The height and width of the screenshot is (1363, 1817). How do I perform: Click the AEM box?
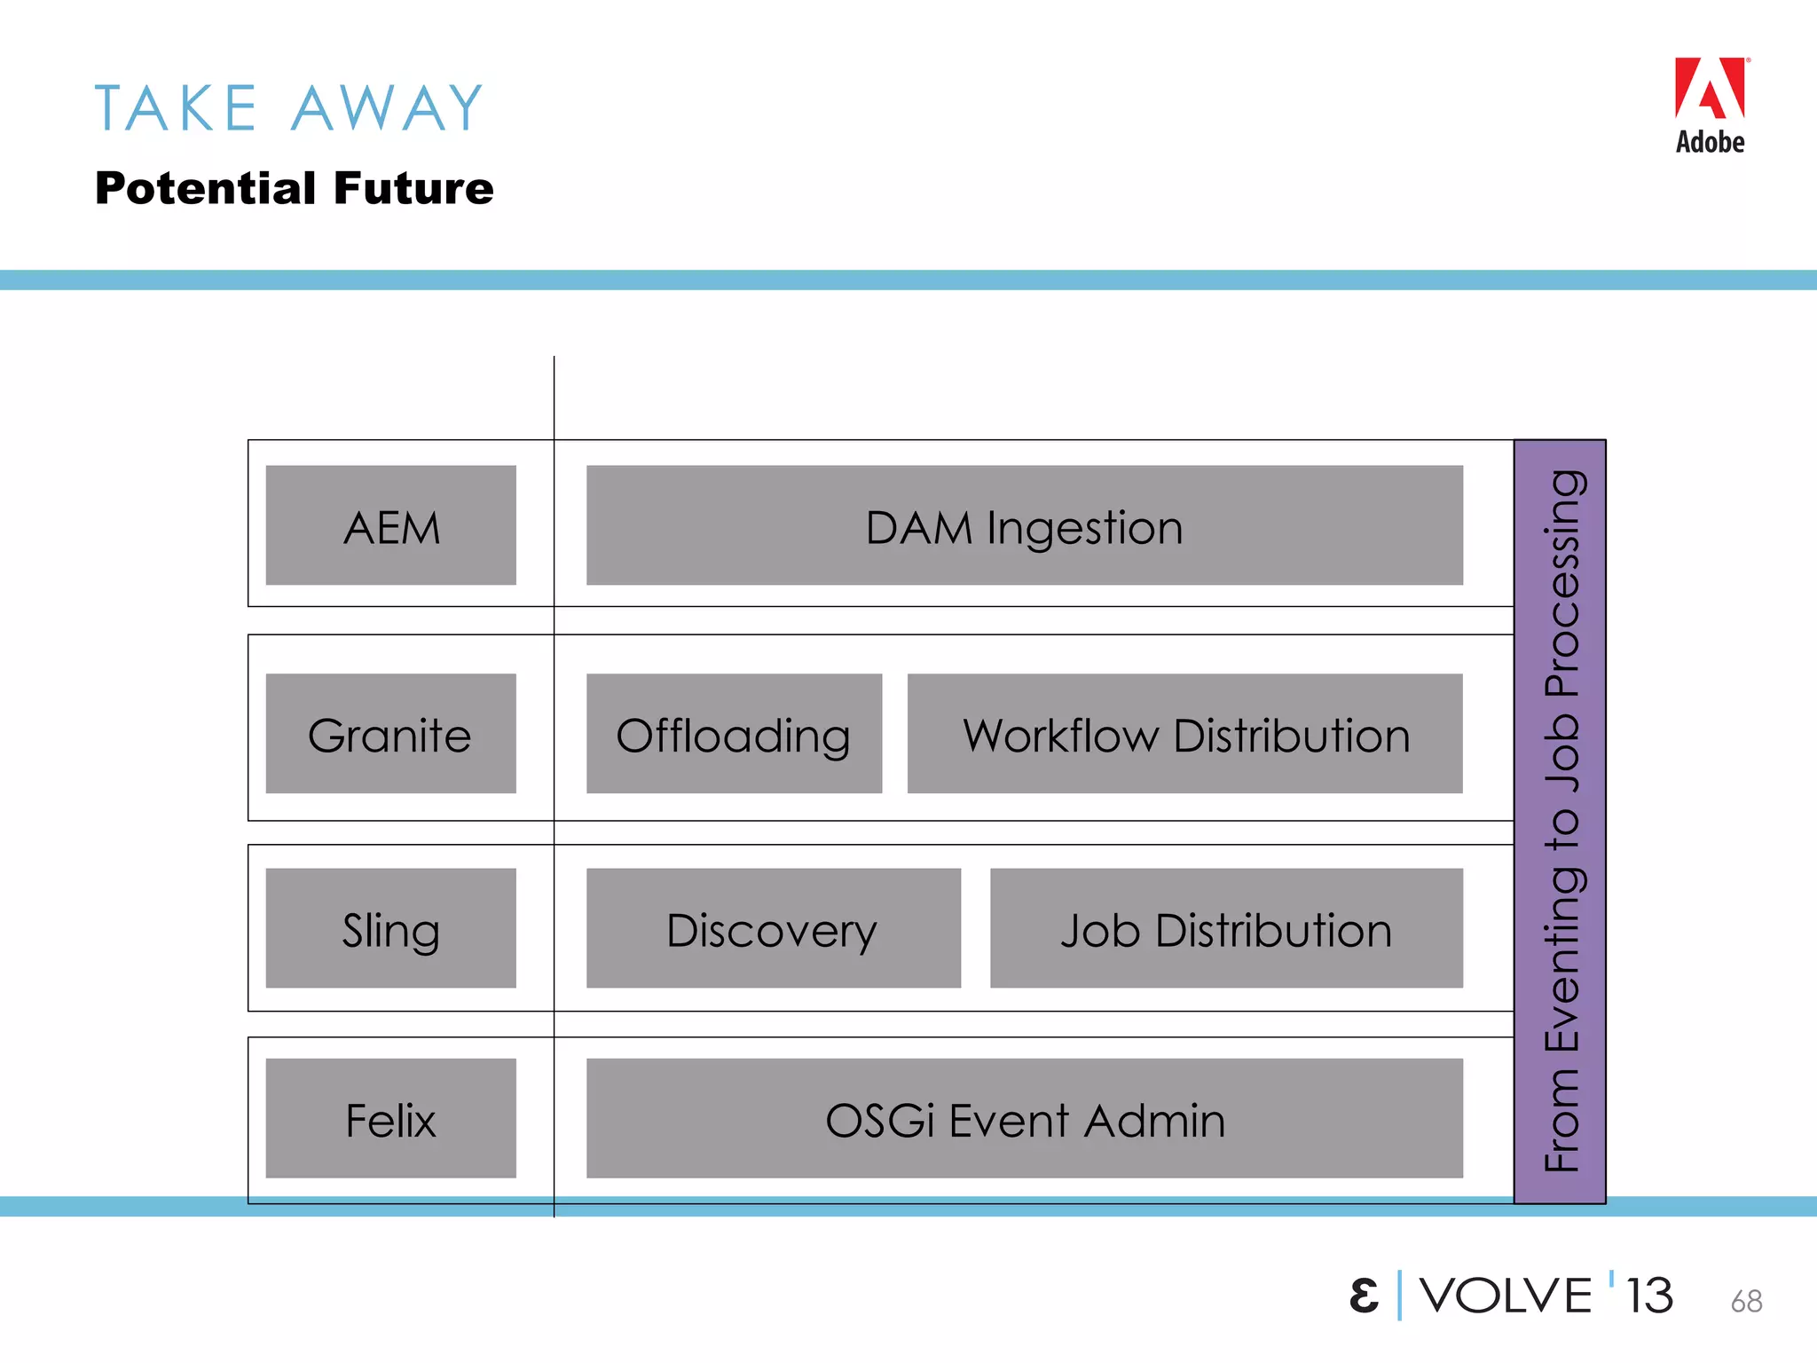click(390, 525)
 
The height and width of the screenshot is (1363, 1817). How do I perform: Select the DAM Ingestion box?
click(1024, 525)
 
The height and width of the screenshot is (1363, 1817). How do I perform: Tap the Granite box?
click(390, 734)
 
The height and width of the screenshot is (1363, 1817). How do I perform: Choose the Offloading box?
click(734, 734)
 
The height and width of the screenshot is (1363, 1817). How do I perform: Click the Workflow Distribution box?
click(1184, 734)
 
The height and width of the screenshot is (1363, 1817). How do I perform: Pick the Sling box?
click(390, 928)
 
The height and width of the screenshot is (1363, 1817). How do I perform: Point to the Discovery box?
click(773, 928)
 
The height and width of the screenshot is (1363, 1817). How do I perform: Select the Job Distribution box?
click(1226, 928)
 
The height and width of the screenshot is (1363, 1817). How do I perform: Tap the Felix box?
click(390, 1118)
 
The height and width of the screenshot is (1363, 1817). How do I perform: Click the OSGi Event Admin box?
click(1024, 1118)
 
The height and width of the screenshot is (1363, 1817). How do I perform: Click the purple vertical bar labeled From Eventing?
click(1560, 821)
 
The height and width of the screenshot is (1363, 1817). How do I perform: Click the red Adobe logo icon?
click(1710, 89)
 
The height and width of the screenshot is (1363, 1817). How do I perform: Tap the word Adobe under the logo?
click(1710, 142)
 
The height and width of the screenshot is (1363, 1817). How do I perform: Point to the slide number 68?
click(1746, 1301)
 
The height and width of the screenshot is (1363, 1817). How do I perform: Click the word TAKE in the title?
click(176, 108)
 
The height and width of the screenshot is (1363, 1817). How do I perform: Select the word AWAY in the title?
click(388, 108)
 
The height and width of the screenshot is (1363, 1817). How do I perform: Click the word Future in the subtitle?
click(413, 188)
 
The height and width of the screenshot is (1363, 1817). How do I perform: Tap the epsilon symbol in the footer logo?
click(1364, 1296)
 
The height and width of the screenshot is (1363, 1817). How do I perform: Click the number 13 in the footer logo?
click(1649, 1296)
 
